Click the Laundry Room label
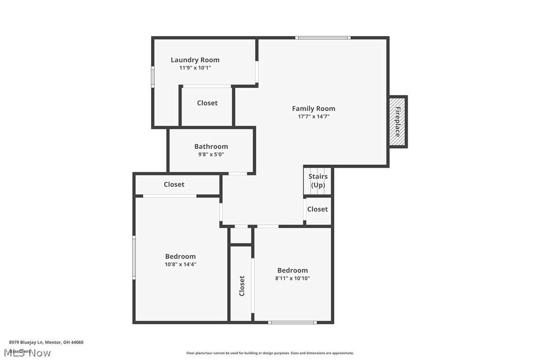pos(195,60)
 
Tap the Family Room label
pos(313,108)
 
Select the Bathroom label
pos(211,146)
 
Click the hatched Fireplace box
pos(398,121)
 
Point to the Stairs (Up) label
pos(318,180)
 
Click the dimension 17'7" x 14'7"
pos(313,117)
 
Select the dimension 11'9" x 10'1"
pos(195,68)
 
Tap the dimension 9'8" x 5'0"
pos(211,154)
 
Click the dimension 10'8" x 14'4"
pos(180,265)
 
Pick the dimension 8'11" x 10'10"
pos(292,278)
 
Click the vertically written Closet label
pos(242,285)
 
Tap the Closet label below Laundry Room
pos(207,103)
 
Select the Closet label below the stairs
pos(317,209)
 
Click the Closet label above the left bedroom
pos(174,184)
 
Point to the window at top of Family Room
pos(323,38)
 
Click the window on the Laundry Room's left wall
pos(153,77)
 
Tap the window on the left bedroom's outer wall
pos(134,257)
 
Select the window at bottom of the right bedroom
pos(292,323)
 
